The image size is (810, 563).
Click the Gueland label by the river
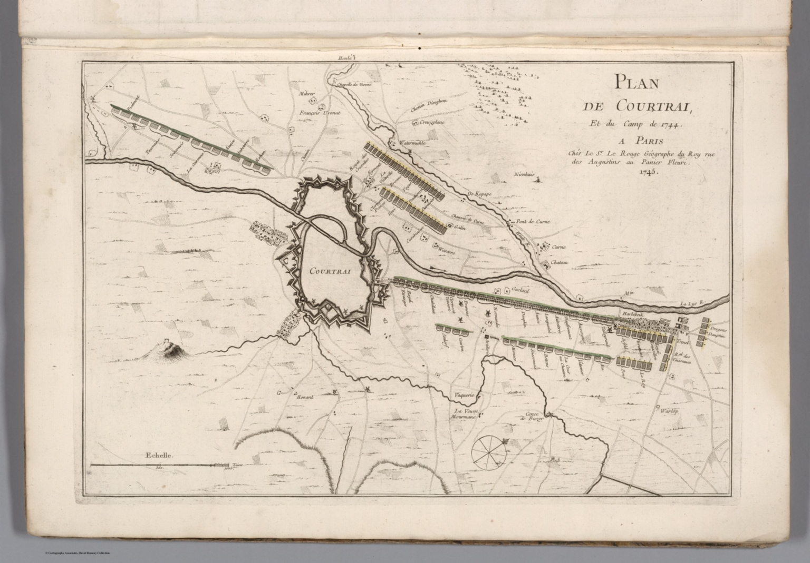pyautogui.click(x=519, y=290)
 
